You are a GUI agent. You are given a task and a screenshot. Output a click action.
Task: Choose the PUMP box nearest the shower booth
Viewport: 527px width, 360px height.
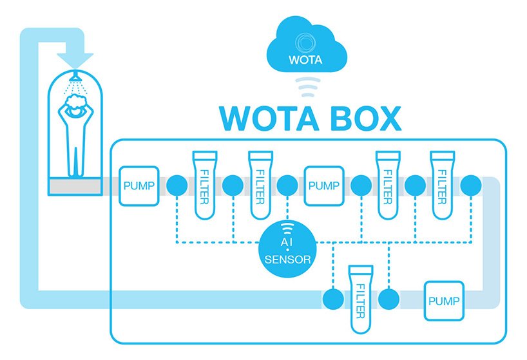(138, 185)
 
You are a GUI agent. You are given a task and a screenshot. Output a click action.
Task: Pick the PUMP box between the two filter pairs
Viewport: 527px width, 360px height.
(323, 185)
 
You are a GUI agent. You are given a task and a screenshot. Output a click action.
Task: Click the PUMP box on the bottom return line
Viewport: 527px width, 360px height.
(443, 300)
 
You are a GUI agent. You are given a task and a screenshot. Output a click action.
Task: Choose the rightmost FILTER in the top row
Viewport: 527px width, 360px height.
(443, 185)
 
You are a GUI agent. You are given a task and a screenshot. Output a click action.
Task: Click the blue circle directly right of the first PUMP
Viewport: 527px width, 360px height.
(177, 185)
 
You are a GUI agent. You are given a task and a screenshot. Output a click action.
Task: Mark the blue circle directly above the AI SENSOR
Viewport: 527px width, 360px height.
(287, 185)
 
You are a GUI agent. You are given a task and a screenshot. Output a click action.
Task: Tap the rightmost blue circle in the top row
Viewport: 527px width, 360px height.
(471, 185)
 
